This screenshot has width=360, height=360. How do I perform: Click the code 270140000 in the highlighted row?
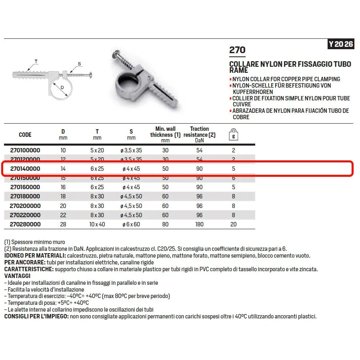point(25,169)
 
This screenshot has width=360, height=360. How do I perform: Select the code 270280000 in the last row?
point(25,224)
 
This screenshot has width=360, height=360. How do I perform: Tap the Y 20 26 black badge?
point(341,44)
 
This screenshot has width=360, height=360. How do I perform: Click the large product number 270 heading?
point(237,50)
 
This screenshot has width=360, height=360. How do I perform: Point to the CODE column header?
point(25,135)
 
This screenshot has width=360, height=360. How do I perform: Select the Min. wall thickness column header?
point(166,134)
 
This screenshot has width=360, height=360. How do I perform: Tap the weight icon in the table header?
point(234,134)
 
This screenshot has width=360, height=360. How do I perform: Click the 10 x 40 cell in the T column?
point(97,224)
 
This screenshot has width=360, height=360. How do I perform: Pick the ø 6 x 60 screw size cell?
point(131,224)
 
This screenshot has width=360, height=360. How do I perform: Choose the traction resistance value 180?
point(199,224)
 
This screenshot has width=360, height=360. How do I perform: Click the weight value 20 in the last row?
point(234,224)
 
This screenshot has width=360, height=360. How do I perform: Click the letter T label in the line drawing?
point(36,61)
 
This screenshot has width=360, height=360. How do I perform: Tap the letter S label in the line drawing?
point(79,64)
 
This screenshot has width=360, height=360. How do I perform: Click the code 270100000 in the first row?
point(25,150)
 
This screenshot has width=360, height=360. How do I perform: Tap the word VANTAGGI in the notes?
point(17,276)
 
